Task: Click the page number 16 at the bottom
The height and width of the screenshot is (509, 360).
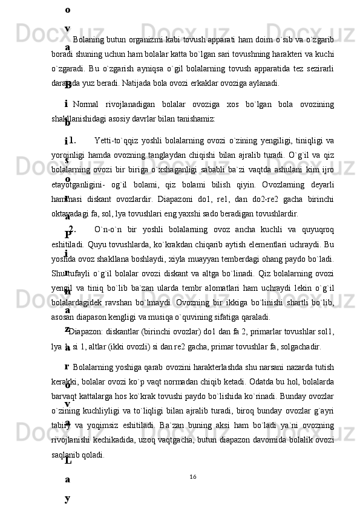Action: pyautogui.click(x=192, y=478)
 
